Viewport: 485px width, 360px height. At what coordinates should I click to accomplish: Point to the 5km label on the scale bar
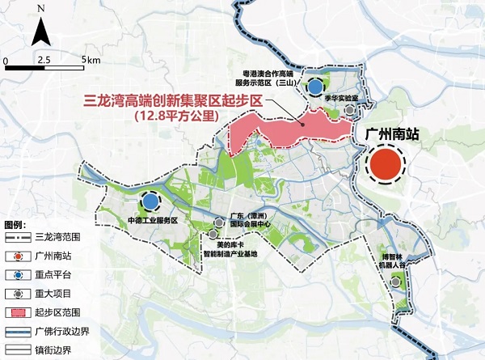pyautogui.click(x=91, y=61)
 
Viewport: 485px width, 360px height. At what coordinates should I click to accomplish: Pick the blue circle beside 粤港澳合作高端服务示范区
pyautogui.click(x=315, y=85)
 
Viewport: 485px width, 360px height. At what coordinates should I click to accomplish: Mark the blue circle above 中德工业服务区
pyautogui.click(x=150, y=200)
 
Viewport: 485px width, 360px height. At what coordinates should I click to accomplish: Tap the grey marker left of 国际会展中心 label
pyautogui.click(x=221, y=220)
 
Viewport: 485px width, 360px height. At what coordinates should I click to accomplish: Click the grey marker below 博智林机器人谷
pyautogui.click(x=395, y=282)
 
